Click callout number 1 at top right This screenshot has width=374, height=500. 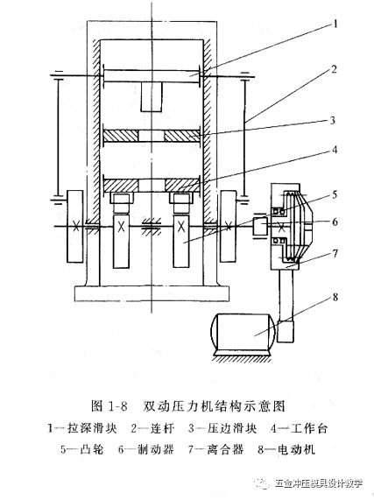[x=335, y=24]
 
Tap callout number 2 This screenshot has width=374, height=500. [x=334, y=69]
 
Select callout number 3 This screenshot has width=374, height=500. [x=332, y=121]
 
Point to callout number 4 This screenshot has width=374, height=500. [x=335, y=149]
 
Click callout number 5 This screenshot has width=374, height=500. [x=335, y=194]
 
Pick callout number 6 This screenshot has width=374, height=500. [x=335, y=222]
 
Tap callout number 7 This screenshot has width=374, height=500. [x=335, y=254]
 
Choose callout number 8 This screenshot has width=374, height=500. [x=335, y=297]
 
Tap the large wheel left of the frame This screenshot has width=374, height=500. [x=75, y=227]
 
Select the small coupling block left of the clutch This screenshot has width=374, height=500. [x=260, y=226]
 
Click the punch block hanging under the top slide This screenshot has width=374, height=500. [x=152, y=97]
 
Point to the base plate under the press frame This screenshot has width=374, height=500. [x=152, y=293]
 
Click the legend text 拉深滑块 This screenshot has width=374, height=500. [x=92, y=428]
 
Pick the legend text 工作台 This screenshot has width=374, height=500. [x=308, y=428]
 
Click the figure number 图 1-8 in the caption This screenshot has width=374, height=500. [x=109, y=406]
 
